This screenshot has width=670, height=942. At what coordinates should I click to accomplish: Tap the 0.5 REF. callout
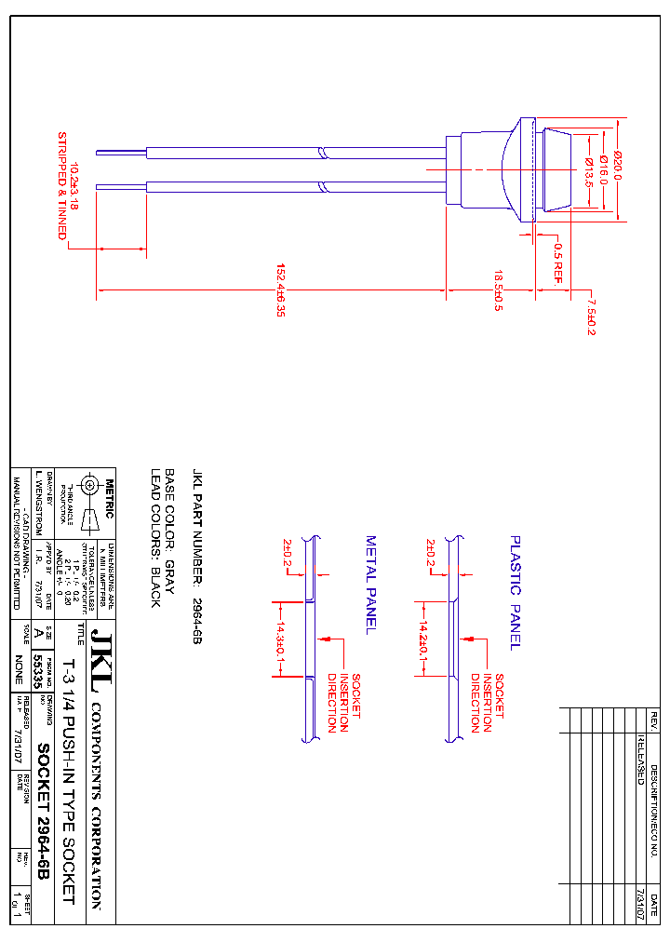(558, 262)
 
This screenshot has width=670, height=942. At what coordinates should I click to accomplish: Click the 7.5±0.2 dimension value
(590, 316)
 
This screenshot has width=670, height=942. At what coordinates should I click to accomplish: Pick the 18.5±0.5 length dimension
(498, 290)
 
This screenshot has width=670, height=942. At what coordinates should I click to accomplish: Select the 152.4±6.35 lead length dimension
(280, 290)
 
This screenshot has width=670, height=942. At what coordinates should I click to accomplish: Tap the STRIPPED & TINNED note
(62, 185)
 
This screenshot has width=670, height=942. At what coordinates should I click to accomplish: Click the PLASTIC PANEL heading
(515, 592)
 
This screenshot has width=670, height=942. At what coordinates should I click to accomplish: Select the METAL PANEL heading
(369, 585)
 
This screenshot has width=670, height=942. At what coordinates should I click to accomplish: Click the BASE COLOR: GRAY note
(170, 526)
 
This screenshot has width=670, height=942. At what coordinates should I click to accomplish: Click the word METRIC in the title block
(109, 500)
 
